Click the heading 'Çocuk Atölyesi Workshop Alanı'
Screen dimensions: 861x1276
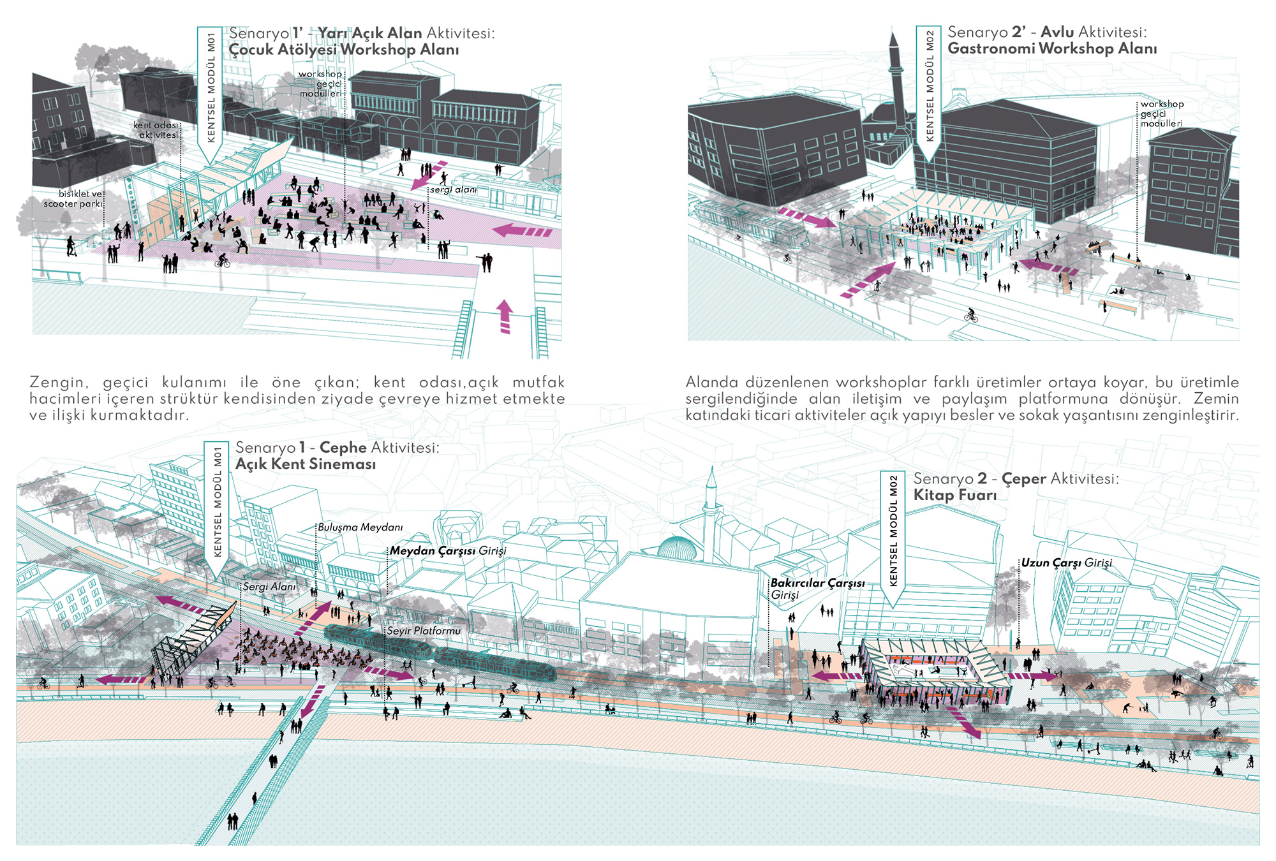(x=344, y=50)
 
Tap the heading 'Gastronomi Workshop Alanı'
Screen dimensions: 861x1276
(x=1052, y=48)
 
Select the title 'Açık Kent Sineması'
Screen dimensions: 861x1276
(x=306, y=464)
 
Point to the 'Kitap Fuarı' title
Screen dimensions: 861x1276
(x=954, y=495)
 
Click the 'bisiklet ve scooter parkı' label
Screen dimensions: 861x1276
(x=73, y=198)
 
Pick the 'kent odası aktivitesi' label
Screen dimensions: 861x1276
(x=156, y=130)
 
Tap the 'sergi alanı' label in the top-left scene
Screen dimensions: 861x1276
(x=453, y=189)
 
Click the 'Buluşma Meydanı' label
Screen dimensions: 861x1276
(x=360, y=527)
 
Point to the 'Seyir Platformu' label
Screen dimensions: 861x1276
(x=424, y=630)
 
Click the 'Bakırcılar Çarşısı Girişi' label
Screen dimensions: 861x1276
(x=817, y=589)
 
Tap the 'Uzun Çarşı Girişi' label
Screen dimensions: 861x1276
(x=1066, y=563)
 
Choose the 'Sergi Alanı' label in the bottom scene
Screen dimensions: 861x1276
(x=269, y=586)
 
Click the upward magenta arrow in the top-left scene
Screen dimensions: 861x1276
(x=505, y=316)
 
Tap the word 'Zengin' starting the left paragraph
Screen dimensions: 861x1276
(x=57, y=383)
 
